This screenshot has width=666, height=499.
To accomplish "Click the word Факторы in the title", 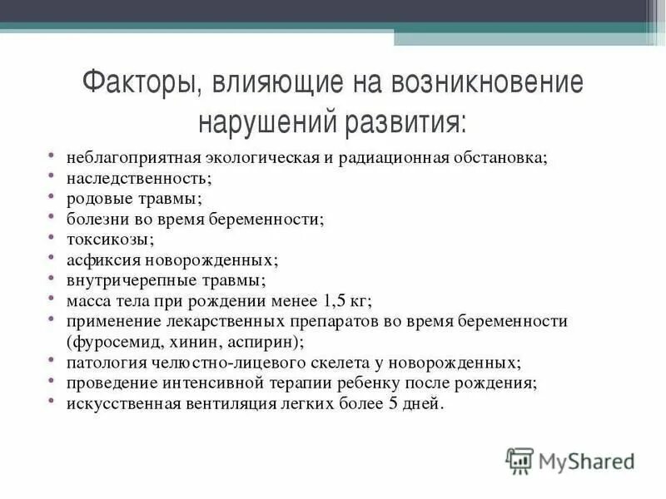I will tap(141, 84).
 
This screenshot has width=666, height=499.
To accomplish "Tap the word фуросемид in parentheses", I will tap(112, 342).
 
